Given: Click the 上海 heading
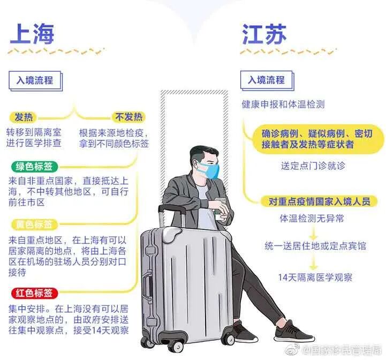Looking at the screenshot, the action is coord(32,34).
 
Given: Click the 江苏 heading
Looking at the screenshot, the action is coord(264,34).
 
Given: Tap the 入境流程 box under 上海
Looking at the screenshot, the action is coord(35,81).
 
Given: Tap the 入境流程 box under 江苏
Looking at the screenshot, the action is coord(266,80).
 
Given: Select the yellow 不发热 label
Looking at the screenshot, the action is coord(127,117).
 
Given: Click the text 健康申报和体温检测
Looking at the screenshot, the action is coord(283,104).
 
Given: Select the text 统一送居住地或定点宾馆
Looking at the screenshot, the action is coord(315,246).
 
